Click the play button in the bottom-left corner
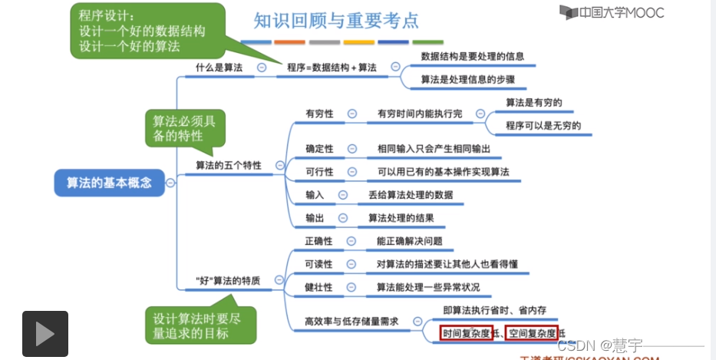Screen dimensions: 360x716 [45, 334]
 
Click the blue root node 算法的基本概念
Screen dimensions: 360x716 [109, 183]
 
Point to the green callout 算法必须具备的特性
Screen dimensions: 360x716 [184, 129]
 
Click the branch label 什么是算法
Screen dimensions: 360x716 [219, 68]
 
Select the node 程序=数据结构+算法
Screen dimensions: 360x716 [332, 68]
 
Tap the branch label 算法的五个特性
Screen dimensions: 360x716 [228, 165]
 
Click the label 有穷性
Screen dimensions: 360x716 [319, 113]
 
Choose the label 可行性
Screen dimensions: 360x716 [319, 171]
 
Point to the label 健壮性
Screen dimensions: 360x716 [318, 287]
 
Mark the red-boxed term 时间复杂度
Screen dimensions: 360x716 [466, 333]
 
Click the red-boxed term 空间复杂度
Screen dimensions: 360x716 [533, 333]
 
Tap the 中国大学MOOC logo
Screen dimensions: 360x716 [612, 12]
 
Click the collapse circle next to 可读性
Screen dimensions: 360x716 [351, 264]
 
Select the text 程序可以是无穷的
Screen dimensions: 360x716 [543, 125]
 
